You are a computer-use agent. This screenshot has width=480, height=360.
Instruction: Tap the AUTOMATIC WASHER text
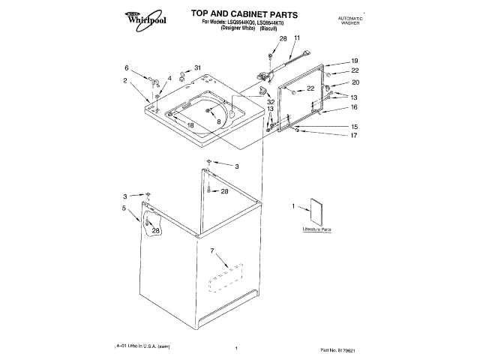tap(350, 19)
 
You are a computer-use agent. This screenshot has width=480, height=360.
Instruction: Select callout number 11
tap(296, 37)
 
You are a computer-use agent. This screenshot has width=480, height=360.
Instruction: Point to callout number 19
tap(355, 61)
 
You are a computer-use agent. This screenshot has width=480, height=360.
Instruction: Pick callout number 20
tap(355, 82)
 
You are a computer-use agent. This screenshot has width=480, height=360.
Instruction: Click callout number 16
tap(355, 107)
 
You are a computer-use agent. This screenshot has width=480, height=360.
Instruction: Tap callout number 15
tap(355, 127)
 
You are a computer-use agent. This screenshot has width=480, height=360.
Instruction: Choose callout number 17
tap(355, 136)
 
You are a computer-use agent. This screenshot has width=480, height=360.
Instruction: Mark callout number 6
tap(127, 67)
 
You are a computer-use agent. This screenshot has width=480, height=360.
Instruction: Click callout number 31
tap(198, 68)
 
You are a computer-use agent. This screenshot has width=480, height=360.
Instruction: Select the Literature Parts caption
tap(316, 228)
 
